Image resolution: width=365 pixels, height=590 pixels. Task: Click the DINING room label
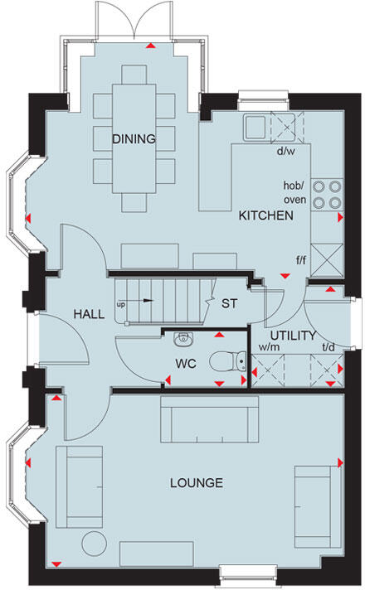(134, 139)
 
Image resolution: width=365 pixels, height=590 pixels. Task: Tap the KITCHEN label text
(265, 216)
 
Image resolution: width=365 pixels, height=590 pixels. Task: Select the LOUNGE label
(196, 482)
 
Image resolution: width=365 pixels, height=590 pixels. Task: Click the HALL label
(88, 316)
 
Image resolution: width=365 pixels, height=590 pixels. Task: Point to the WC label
(184, 364)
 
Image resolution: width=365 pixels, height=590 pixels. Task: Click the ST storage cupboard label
(228, 303)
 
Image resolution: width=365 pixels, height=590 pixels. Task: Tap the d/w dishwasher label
(287, 152)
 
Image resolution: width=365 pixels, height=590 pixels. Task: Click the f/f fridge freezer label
(300, 259)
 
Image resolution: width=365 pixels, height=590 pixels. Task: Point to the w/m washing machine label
(268, 349)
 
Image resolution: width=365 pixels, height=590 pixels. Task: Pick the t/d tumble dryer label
(329, 349)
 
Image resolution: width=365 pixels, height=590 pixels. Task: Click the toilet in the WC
(226, 361)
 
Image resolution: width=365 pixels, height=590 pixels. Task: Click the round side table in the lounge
(96, 544)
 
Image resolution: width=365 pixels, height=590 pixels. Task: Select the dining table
(134, 138)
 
